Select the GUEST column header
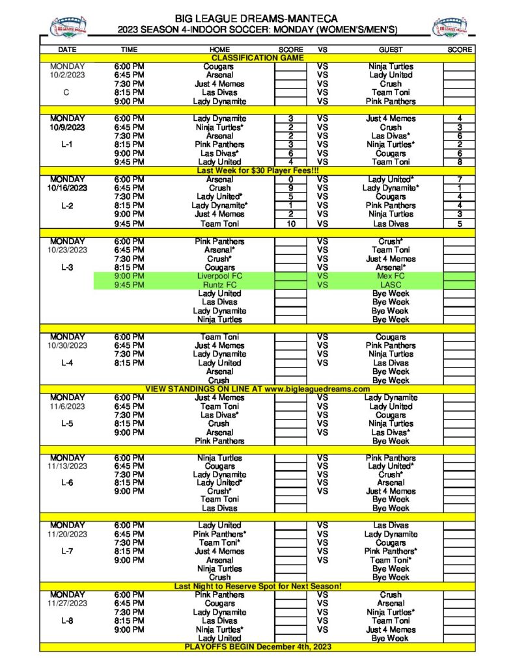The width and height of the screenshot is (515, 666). click(390, 49)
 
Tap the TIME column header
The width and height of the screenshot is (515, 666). click(130, 49)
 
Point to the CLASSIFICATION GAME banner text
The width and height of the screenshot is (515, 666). click(258, 58)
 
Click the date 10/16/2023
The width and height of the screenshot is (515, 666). click(67, 188)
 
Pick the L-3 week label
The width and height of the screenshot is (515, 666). click(67, 267)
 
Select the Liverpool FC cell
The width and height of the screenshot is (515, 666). click(219, 276)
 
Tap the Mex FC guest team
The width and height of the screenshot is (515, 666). click(390, 276)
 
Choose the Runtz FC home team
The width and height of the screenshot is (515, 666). click(219, 285)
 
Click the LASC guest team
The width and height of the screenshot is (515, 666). click(390, 285)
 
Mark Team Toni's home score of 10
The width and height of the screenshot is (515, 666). click(290, 224)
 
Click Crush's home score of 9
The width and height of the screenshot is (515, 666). click(290, 188)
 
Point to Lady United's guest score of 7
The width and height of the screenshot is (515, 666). click(459, 179)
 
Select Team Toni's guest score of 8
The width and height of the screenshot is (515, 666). click(459, 162)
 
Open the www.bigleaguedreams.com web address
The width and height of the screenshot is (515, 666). click(315, 389)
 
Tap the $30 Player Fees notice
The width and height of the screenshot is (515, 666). click(258, 170)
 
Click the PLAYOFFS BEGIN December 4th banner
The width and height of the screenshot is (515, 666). click(258, 647)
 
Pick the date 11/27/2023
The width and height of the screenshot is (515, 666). click(67, 604)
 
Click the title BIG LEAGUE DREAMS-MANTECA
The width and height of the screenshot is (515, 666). click(258, 18)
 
